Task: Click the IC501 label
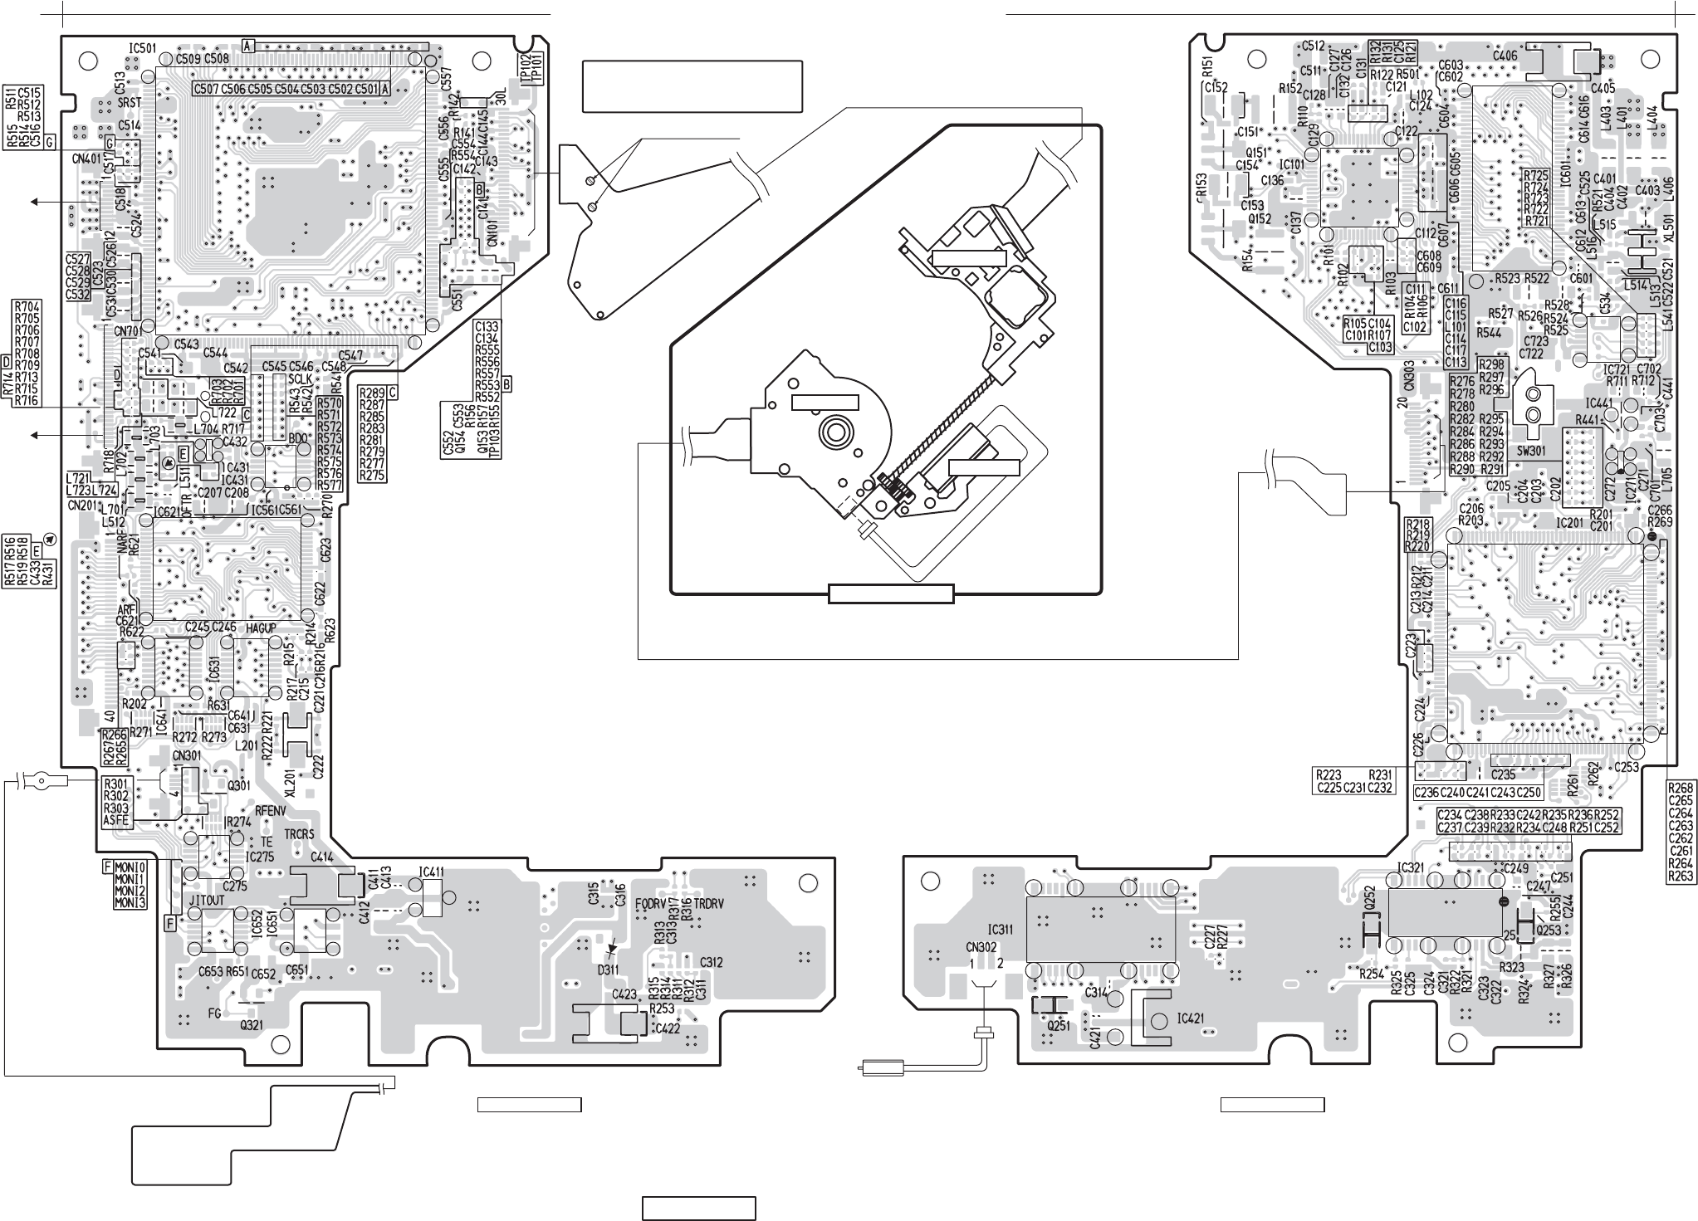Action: [143, 48]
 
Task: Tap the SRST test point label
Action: [130, 102]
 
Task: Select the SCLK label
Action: [300, 378]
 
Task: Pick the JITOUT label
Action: [205, 900]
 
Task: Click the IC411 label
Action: [432, 872]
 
